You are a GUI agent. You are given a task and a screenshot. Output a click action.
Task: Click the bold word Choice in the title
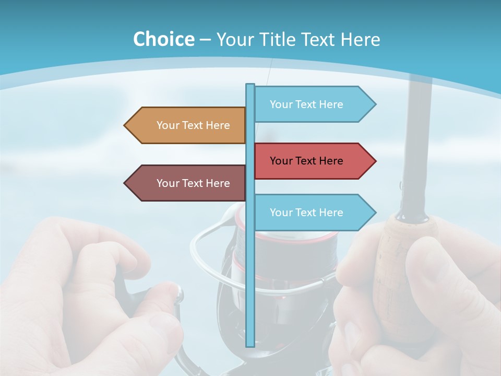163,39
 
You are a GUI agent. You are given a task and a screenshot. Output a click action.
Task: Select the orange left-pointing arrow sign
185,125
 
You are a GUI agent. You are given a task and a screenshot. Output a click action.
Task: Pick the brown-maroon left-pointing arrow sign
185,183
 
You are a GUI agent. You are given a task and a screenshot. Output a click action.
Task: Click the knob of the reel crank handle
179,295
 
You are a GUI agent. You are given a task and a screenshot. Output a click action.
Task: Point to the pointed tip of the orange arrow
126,125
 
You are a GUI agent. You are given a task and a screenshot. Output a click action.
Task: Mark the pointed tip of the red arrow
374,161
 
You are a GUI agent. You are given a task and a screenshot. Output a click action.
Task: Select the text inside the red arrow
306,161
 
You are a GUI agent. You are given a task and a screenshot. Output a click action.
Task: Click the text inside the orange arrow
193,125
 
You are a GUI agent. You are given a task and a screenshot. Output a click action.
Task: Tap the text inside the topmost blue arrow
306,104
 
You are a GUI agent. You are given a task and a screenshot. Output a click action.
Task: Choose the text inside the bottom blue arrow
306,213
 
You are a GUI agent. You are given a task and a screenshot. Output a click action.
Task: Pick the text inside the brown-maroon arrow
193,183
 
